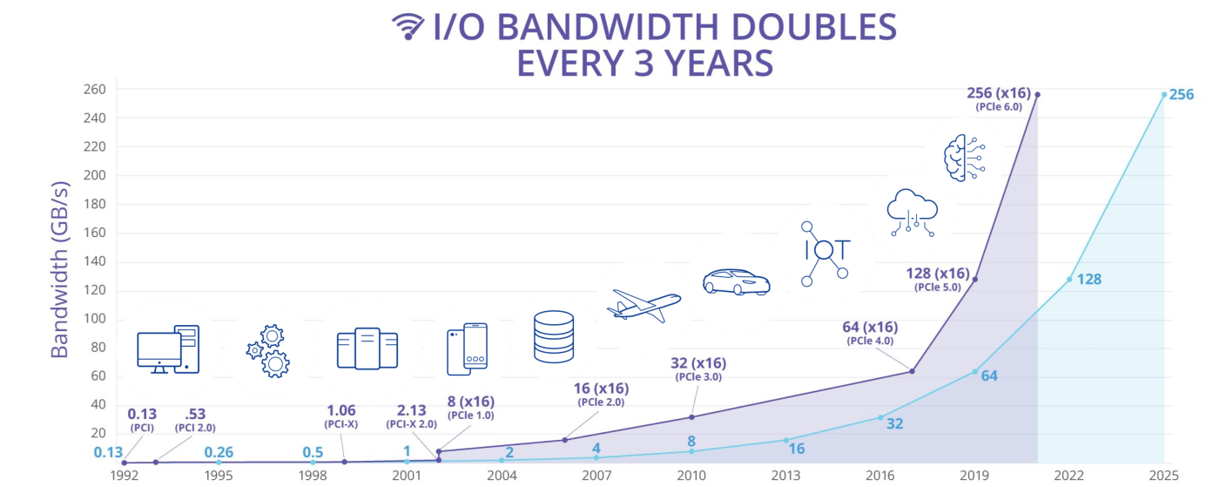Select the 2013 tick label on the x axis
point(785,476)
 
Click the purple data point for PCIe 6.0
point(1037,94)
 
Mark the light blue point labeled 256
point(1163,94)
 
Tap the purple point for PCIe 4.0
point(912,371)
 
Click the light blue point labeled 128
point(1069,279)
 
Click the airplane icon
point(645,303)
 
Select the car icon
point(736,281)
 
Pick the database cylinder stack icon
point(554,336)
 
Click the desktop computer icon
point(168,349)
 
